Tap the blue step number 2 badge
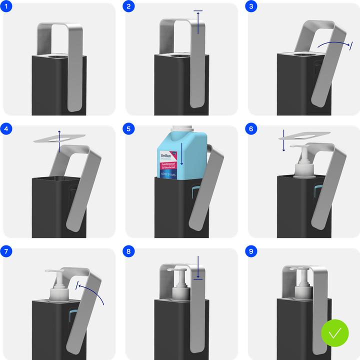click(129, 6)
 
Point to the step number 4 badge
click(6, 129)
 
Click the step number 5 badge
click(129, 129)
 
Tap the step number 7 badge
click(6, 252)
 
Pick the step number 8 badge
click(129, 252)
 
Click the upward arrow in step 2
click(198, 22)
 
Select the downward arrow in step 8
click(198, 268)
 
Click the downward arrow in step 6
click(283, 140)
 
